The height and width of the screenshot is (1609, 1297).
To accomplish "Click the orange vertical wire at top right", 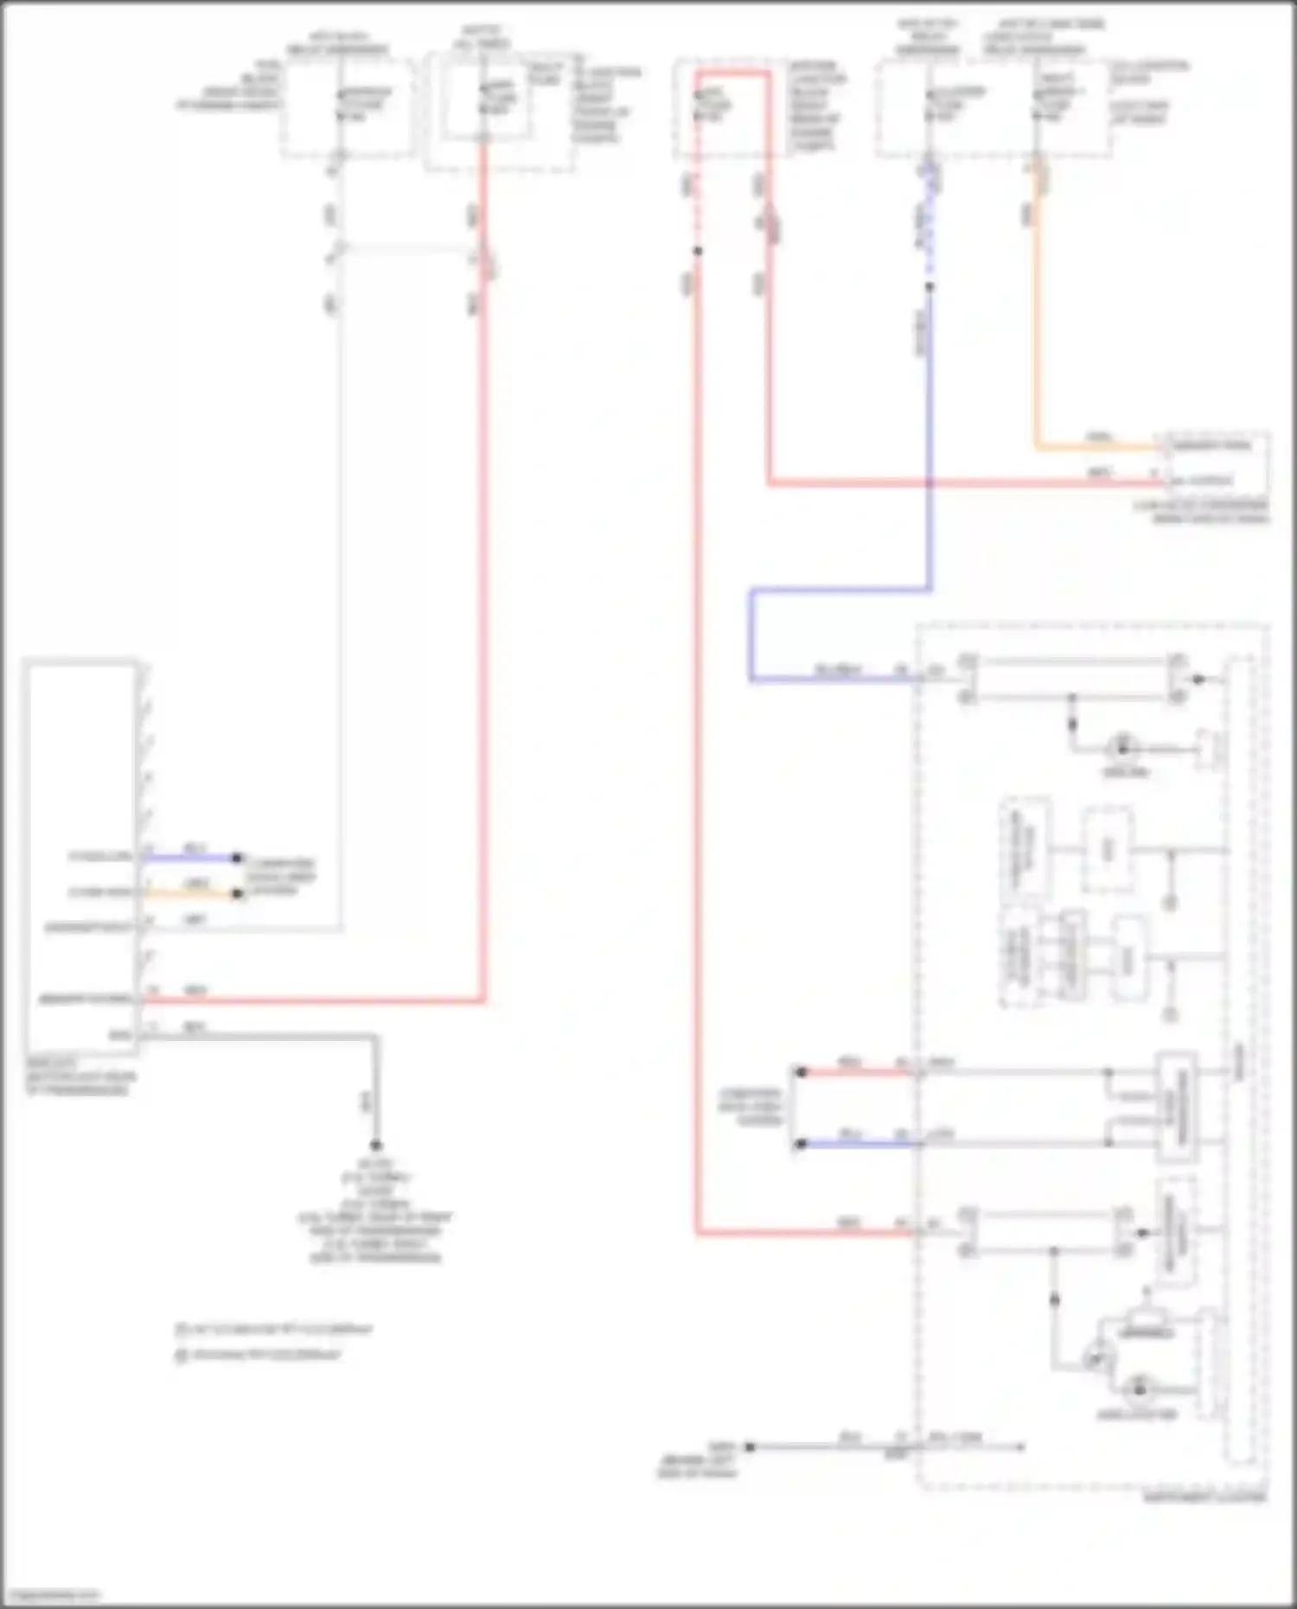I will pyautogui.click(x=1037, y=329).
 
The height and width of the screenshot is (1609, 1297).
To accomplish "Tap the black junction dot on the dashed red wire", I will pyautogui.click(x=697, y=252).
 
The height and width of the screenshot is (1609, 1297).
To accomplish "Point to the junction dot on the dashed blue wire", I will pyautogui.click(x=930, y=286).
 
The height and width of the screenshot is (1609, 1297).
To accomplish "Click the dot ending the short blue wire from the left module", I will pyautogui.click(x=236, y=858).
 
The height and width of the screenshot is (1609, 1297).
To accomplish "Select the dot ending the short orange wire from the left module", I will pyautogui.click(x=236, y=894).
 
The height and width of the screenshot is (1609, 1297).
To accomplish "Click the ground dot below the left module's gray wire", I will pyautogui.click(x=376, y=1145).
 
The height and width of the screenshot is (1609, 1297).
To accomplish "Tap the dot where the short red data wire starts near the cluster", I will pyautogui.click(x=801, y=1072).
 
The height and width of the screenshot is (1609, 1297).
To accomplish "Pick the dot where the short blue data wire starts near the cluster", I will pyautogui.click(x=801, y=1144).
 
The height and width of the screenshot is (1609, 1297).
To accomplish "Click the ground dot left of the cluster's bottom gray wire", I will pyautogui.click(x=750, y=1446).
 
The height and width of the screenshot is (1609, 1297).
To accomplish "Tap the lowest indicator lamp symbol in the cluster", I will pyautogui.click(x=1140, y=1390).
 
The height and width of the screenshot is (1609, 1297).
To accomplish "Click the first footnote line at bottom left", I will pyautogui.click(x=273, y=1329).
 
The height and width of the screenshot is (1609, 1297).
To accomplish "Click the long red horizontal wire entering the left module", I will pyautogui.click(x=311, y=1001).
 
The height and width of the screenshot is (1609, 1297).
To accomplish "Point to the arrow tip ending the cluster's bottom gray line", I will pyautogui.click(x=1024, y=1446).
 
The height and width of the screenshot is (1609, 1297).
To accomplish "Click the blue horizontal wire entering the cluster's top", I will pyautogui.click(x=830, y=679).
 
